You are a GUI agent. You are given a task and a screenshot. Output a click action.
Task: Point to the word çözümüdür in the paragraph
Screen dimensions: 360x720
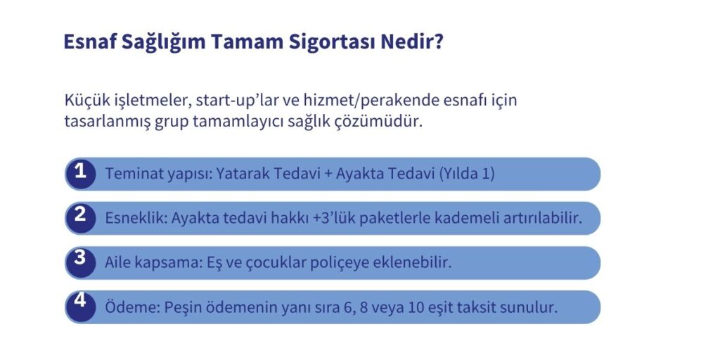tap(387, 122)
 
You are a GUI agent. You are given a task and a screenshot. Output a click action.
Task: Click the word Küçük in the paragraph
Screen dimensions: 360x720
tap(84, 100)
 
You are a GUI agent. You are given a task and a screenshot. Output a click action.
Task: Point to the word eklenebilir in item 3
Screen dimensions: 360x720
tap(414, 263)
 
